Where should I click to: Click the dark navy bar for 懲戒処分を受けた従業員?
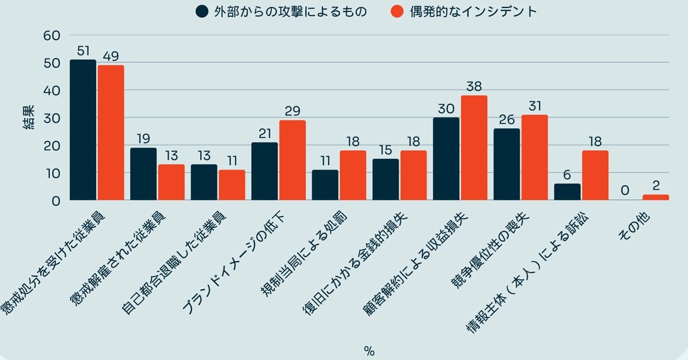(83, 130)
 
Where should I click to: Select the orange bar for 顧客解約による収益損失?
(474, 148)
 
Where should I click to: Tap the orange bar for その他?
(655, 197)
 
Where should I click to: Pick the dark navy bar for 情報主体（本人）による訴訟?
(567, 191)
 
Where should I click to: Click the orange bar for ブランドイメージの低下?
(292, 160)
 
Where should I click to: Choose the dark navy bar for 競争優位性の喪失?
(507, 164)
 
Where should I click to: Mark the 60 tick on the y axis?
(52, 36)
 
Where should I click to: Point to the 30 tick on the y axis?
(52, 118)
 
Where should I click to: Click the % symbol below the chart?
(369, 351)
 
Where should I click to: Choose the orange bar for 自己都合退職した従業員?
(232, 185)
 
